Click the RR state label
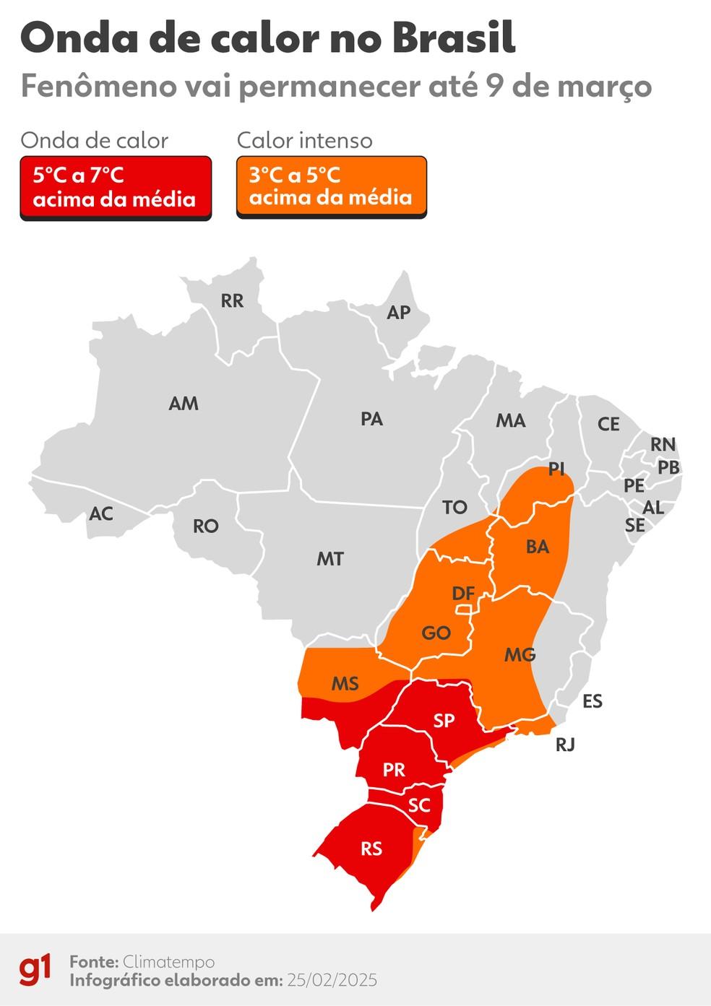coord(232,300)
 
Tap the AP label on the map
coord(398,312)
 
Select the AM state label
coord(184,404)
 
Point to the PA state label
coord(371,419)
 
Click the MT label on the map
coord(330,558)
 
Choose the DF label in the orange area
coord(463,594)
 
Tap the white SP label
coord(444,720)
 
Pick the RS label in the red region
coord(371,849)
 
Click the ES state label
coord(592,701)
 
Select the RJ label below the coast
coord(565,745)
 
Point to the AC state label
coord(101,513)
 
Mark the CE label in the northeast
coord(608,424)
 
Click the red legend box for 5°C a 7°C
coord(116,188)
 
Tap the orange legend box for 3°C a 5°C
coord(332,188)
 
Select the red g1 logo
coord(35,970)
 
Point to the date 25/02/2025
coord(332,980)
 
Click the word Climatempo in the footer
coord(168,962)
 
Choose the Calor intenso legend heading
coord(305,140)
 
